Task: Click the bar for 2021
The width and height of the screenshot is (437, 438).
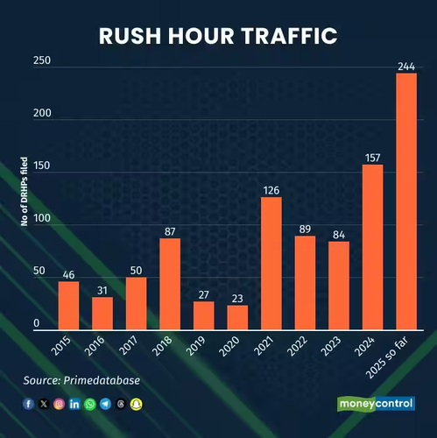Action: pos(271,264)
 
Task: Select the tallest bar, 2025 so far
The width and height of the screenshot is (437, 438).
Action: pos(406,201)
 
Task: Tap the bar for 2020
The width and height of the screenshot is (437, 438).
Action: pos(237,318)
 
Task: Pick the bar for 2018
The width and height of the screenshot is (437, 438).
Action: pos(170,284)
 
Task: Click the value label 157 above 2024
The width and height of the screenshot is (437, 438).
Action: pos(373,158)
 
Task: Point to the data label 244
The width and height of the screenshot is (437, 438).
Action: pos(406,67)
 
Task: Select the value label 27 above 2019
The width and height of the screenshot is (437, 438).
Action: pos(204,295)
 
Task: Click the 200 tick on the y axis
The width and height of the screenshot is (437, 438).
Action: pos(42,113)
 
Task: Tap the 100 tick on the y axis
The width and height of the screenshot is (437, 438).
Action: pos(42,218)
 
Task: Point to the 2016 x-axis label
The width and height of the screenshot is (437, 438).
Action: pos(95,346)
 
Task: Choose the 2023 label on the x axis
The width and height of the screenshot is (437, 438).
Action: pos(331,346)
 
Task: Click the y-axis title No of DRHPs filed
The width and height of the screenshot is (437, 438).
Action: pos(25,192)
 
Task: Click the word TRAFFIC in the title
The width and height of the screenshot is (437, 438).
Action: pos(290,36)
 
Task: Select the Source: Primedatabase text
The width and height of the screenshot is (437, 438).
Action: pos(81,380)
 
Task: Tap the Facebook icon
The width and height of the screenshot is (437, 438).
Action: pos(28,404)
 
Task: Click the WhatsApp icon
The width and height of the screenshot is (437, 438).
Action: pos(90,404)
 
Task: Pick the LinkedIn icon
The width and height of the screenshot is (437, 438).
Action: pos(74,404)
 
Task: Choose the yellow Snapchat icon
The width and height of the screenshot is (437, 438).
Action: pos(136,404)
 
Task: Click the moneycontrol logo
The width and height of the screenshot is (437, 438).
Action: pos(376,404)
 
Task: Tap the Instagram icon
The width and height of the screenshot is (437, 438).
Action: pos(59,404)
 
